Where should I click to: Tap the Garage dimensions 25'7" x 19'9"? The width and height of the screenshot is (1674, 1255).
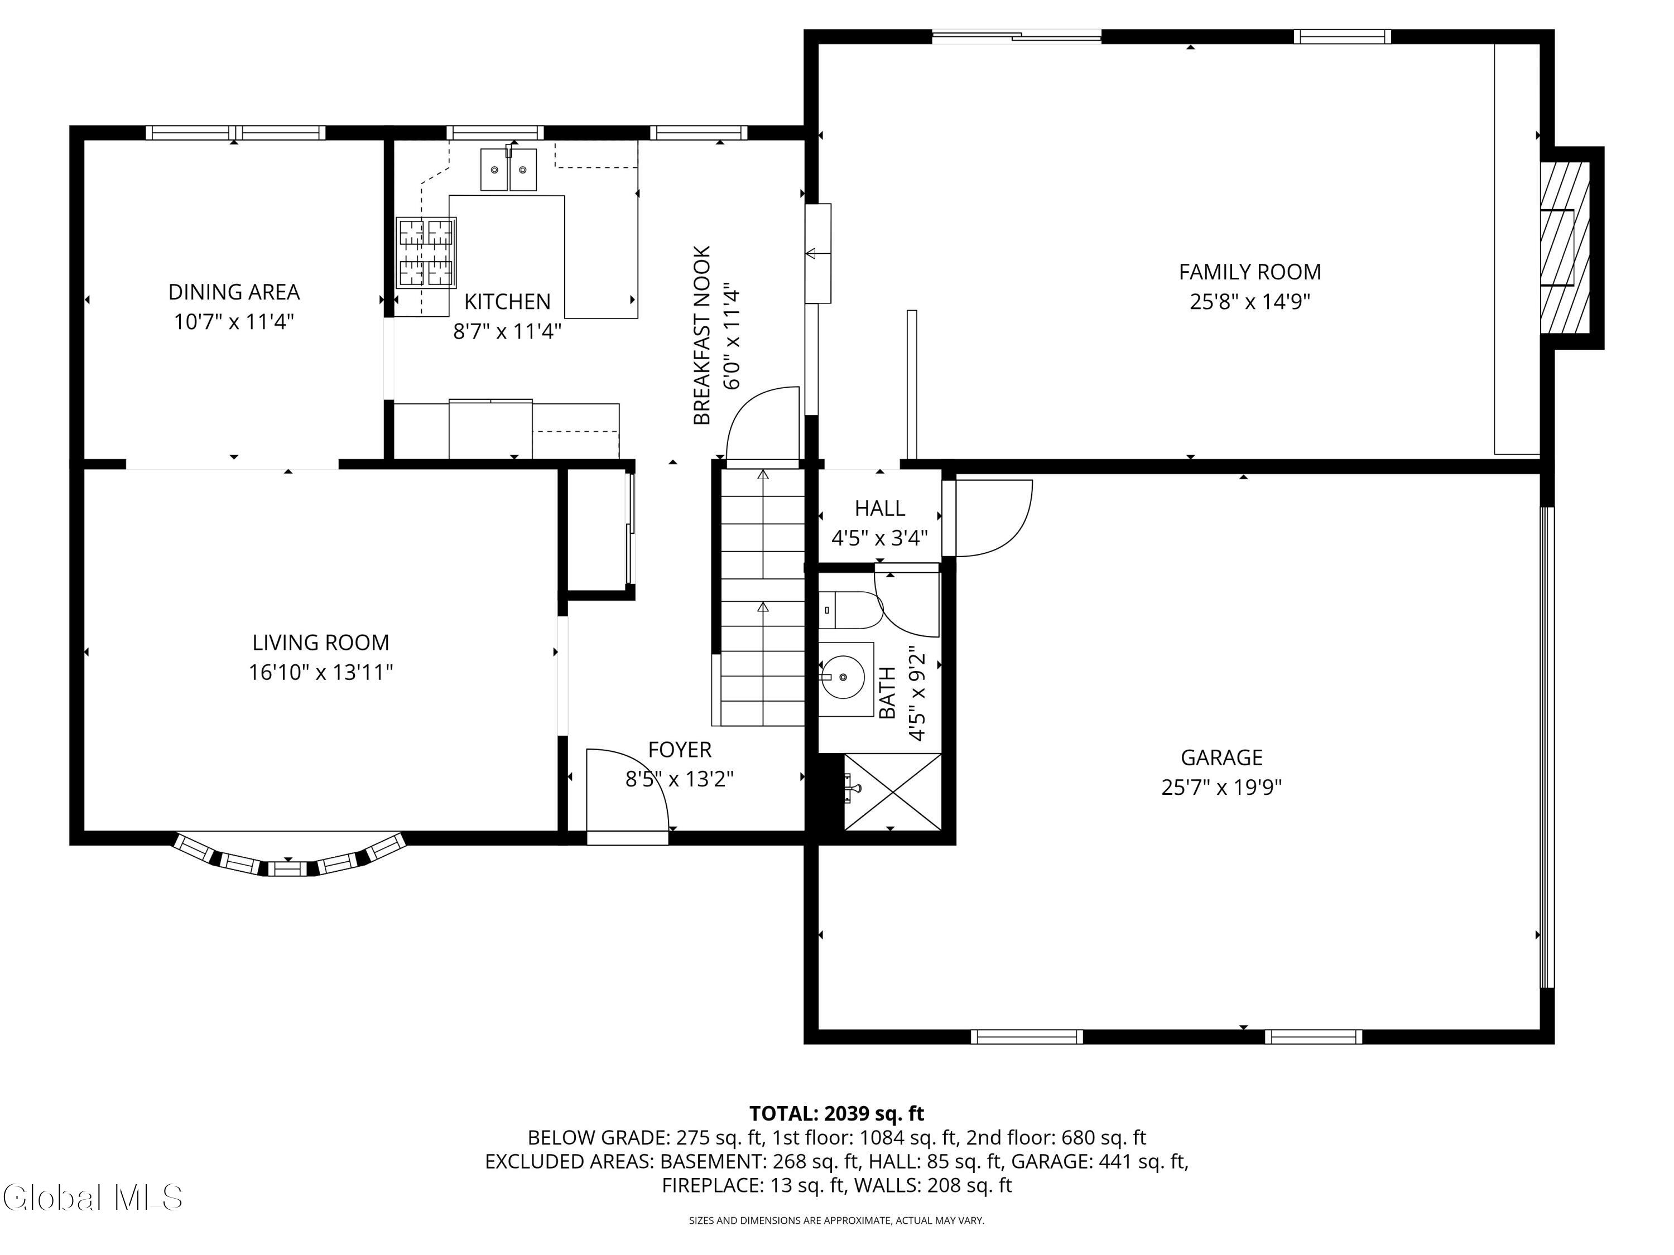[1221, 788]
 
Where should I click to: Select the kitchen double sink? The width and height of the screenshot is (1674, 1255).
[508, 170]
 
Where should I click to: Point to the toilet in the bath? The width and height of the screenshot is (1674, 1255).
[850, 610]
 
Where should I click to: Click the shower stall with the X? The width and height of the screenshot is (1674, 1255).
[892, 792]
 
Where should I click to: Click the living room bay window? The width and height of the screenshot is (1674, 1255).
[289, 858]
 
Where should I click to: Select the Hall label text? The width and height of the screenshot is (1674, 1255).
[879, 508]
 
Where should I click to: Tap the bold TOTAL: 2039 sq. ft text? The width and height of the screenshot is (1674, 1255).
[836, 1113]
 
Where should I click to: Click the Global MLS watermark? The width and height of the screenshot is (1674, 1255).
[92, 1198]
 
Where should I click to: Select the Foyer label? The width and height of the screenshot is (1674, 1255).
[680, 750]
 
